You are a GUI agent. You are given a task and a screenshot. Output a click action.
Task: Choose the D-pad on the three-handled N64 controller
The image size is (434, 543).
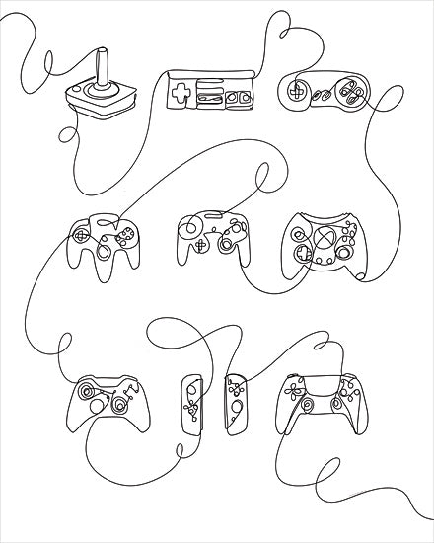pos(81,237)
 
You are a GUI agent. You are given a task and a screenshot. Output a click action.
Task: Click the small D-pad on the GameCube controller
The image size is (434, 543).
pos(200,247)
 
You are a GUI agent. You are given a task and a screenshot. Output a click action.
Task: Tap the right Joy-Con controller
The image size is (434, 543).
pos(236,406)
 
